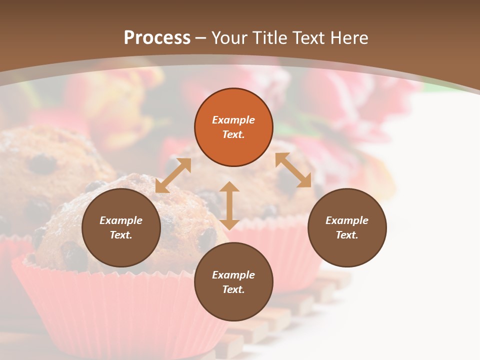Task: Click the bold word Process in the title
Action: pos(157,38)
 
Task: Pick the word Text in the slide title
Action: pos(309,38)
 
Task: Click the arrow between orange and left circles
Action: pos(173,175)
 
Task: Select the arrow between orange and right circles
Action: pos(293,170)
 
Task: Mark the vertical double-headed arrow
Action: pos(229,205)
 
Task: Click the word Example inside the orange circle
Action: pos(233,120)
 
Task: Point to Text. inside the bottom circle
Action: pos(233,289)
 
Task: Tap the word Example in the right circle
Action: pos(347,220)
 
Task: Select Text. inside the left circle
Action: pos(121,235)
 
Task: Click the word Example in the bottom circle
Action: pos(233,275)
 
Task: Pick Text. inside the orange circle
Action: pos(233,134)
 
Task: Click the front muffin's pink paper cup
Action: pos(115,310)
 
